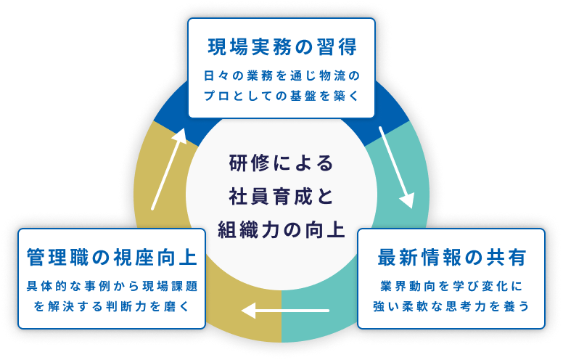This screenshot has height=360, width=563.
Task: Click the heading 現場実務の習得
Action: (x=281, y=49)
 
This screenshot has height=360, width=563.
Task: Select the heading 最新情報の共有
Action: (x=451, y=257)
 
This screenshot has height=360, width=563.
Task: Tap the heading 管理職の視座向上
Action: (x=110, y=258)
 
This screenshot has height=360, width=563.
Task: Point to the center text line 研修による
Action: (x=281, y=163)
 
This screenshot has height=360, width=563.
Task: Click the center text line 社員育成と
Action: (x=281, y=196)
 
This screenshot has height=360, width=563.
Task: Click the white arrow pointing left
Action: (x=286, y=311)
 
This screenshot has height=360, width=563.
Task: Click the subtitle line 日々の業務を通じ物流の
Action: (x=281, y=75)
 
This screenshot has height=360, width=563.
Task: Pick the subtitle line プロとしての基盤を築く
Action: (x=281, y=96)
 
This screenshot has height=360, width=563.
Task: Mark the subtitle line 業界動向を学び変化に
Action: (x=451, y=285)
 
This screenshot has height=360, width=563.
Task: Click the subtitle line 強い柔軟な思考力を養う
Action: (x=451, y=305)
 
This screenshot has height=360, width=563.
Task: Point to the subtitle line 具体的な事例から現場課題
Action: (x=110, y=285)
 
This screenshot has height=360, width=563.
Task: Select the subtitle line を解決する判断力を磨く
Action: (x=110, y=306)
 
